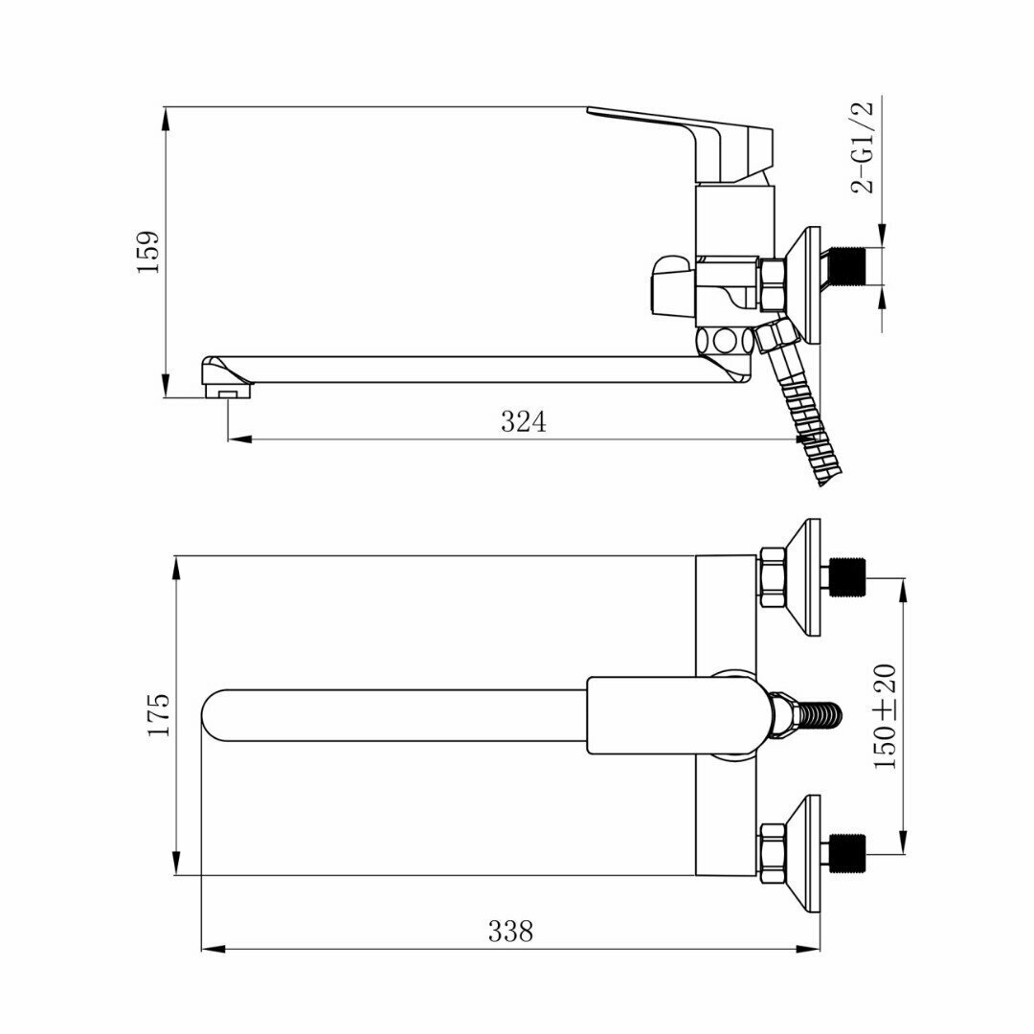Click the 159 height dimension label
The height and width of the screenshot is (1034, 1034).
[149, 253]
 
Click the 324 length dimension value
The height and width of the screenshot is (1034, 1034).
[524, 421]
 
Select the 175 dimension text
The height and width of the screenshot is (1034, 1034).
[159, 714]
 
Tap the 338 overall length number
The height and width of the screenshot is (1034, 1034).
[510, 930]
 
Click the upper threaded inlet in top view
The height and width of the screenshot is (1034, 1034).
[846, 577]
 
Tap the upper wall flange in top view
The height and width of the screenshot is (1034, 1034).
[804, 577]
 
